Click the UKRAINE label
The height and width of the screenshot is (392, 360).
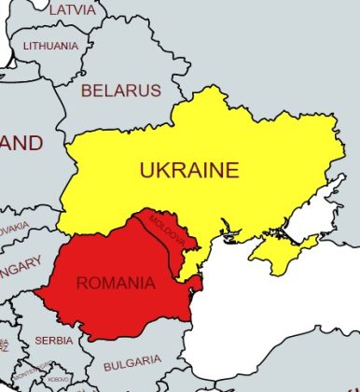(x=189, y=171)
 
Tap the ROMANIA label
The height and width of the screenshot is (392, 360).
(x=116, y=283)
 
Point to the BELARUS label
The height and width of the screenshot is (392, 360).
(x=120, y=91)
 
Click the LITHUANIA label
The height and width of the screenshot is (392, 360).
(x=51, y=45)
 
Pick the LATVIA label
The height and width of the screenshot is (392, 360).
(x=72, y=9)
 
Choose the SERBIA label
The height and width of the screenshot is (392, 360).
(x=53, y=341)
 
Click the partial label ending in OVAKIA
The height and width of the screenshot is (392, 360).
(x=13, y=229)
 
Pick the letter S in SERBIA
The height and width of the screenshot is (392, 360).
(x=39, y=341)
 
